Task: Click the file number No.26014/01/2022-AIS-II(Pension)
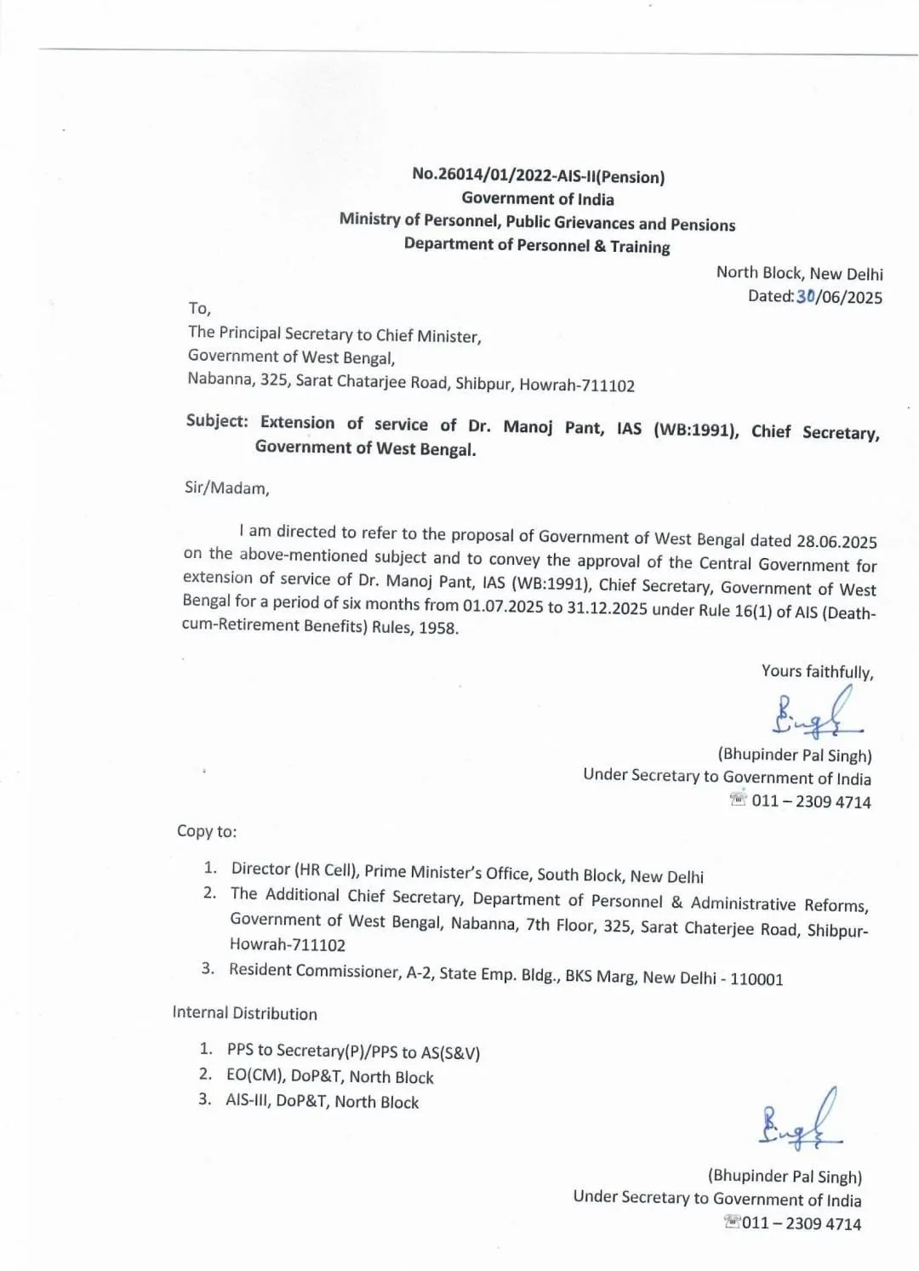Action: (x=538, y=176)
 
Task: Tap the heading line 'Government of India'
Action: (x=538, y=199)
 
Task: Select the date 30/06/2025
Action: (x=838, y=297)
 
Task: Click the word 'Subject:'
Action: (x=217, y=422)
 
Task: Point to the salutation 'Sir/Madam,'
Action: (x=226, y=488)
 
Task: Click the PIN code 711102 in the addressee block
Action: (x=608, y=385)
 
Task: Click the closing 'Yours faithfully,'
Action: (x=817, y=672)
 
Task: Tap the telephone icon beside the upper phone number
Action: (x=738, y=800)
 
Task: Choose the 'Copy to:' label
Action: (x=207, y=831)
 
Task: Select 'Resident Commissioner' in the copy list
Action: (x=311, y=971)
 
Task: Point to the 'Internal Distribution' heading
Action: (x=245, y=1013)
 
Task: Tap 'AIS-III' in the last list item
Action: (x=246, y=1100)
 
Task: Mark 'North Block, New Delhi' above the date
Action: (x=799, y=273)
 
